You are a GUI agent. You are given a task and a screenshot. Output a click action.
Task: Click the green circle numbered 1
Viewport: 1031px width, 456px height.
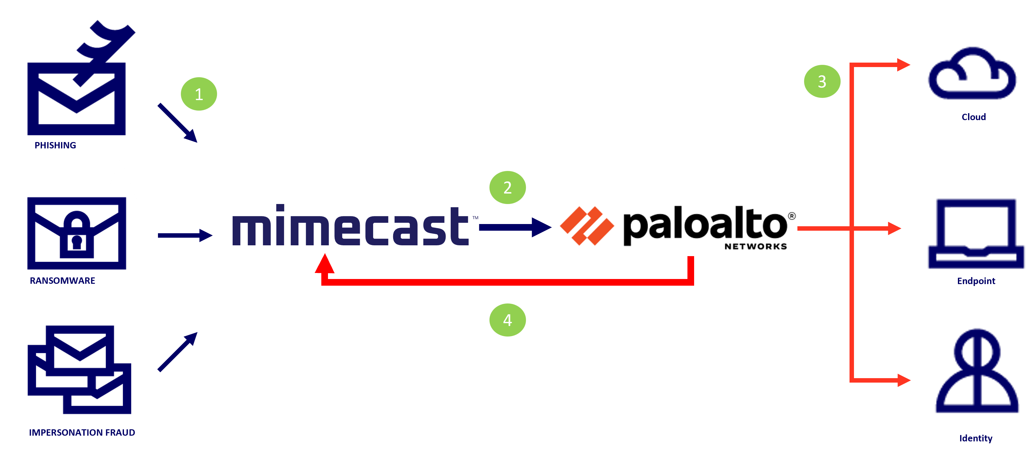pos(199,94)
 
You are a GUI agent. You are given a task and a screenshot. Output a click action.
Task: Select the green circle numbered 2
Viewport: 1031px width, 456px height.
pos(508,187)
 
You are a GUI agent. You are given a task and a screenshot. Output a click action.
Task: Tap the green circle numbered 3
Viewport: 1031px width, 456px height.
pos(822,82)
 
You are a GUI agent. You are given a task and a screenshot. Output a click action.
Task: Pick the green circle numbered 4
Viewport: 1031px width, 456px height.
pos(508,320)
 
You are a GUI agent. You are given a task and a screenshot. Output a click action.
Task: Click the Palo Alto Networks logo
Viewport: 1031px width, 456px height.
pos(678,229)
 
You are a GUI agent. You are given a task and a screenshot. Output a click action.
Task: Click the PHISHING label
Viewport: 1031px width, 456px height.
pos(55,146)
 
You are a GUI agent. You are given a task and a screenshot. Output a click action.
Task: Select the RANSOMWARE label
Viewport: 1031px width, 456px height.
pos(62,281)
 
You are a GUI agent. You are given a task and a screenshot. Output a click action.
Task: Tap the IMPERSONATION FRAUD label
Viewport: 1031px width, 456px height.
pos(82,432)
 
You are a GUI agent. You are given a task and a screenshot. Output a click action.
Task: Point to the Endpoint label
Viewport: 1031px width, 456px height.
pos(976,281)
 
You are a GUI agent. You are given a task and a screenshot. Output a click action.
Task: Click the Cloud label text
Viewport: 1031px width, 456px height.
pos(973,117)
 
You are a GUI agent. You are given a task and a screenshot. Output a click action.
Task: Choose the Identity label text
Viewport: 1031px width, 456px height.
pos(976,439)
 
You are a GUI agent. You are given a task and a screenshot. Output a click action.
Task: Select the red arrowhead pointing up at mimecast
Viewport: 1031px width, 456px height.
pos(324,264)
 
